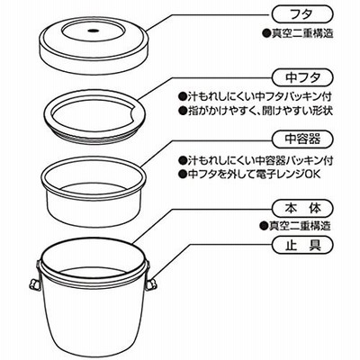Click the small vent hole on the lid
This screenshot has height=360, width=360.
click(93, 31)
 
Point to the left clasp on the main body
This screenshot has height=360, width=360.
click(34, 277)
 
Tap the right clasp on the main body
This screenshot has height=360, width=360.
click(151, 277)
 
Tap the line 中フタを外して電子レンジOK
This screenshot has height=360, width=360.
click(249, 174)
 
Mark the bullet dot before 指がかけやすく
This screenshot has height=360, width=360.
click(182, 112)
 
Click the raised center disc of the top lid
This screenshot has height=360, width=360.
click(93, 31)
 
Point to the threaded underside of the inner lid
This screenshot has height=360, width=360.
click(93, 138)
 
